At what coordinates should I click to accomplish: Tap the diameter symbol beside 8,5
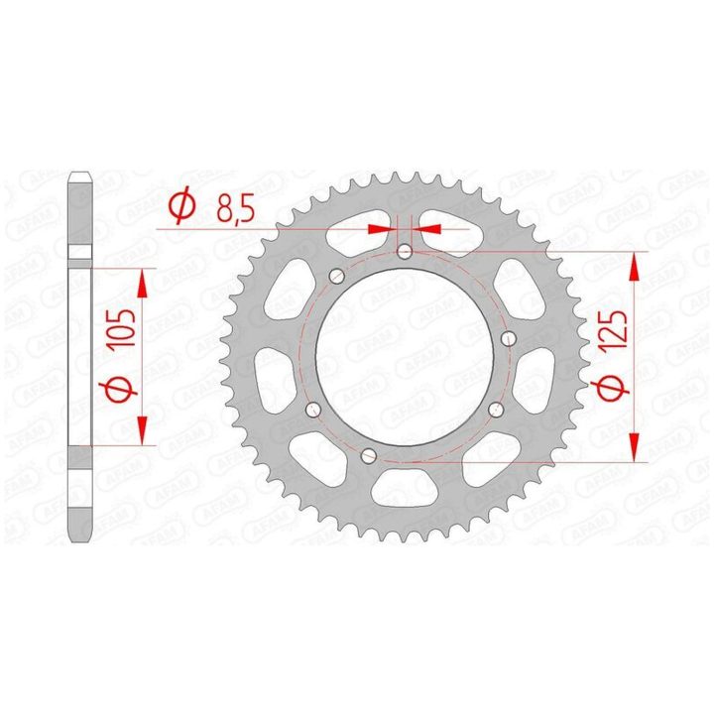coord(182,207)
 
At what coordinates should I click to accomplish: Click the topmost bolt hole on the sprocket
coord(405,251)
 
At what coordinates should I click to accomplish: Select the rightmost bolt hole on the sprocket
coord(509,339)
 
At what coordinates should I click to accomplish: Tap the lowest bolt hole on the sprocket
coord(368,455)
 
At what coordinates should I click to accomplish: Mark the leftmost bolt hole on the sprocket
coord(312,410)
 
